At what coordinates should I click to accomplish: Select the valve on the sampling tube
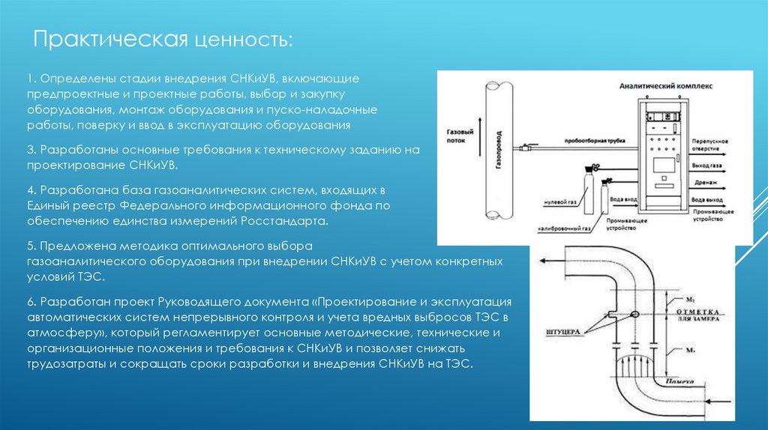click(x=531, y=149)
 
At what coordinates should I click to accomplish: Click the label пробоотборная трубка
click(x=592, y=140)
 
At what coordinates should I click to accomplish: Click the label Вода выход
click(x=707, y=201)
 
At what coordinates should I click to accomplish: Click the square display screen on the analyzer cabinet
click(x=664, y=165)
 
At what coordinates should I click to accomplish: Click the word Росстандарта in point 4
click(x=284, y=222)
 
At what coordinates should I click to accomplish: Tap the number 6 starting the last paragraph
click(x=30, y=301)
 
